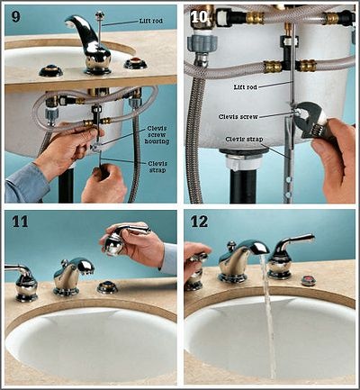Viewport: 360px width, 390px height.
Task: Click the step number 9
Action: coord(15,15)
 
